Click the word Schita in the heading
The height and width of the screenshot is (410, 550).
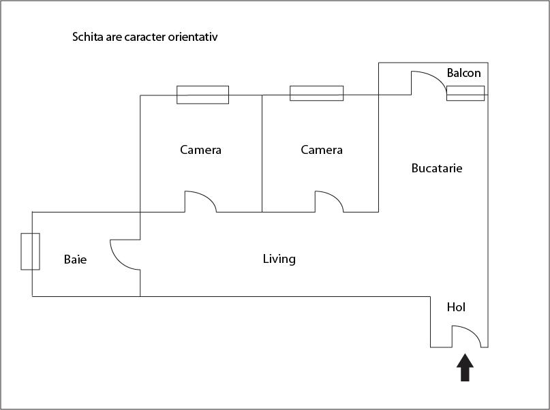click(x=87, y=37)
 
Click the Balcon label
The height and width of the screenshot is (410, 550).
click(x=463, y=73)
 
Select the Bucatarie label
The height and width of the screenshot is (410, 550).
click(x=437, y=168)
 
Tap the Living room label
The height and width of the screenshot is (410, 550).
click(x=279, y=259)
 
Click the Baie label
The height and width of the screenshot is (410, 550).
click(x=75, y=259)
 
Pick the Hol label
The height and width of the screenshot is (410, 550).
click(x=456, y=307)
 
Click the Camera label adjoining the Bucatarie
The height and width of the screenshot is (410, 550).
click(x=322, y=150)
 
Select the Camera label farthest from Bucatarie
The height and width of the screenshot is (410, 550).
click(x=200, y=150)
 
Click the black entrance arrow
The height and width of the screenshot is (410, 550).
click(x=465, y=368)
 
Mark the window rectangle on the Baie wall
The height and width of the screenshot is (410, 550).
click(x=30, y=251)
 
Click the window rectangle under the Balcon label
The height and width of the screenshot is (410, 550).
click(x=465, y=93)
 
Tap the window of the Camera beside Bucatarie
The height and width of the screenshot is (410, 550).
click(x=317, y=93)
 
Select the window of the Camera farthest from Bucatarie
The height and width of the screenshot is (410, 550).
click(x=202, y=95)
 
